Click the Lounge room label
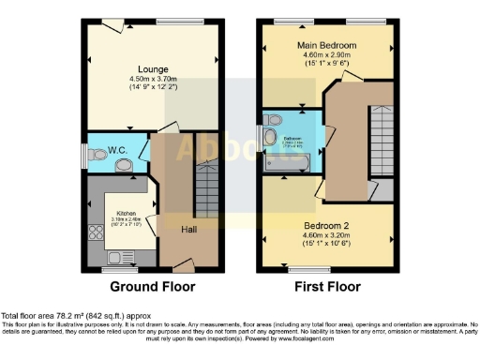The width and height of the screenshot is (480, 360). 152,68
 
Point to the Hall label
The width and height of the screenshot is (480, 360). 187,226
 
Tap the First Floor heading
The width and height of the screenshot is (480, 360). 327,287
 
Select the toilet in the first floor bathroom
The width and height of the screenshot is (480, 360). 272,121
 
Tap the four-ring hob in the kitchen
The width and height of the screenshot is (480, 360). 94,233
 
